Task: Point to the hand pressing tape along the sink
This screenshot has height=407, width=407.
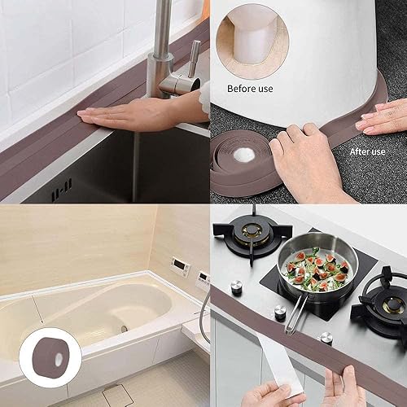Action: pos(147,107)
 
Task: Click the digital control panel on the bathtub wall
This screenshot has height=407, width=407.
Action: pos(181,267)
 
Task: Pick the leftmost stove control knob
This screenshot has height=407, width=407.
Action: pos(237,287)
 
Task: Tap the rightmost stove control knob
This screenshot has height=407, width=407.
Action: pos(326,336)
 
